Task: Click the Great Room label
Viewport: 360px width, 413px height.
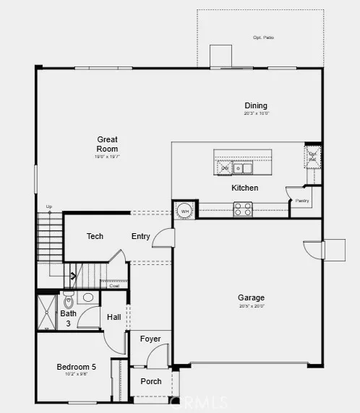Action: point(108,144)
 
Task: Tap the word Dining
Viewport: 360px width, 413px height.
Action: point(256,105)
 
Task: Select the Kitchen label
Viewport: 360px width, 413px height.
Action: point(244,188)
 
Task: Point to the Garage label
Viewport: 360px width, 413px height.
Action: point(251,297)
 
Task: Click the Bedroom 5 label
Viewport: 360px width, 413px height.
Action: point(77,367)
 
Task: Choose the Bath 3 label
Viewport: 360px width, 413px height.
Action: point(68,318)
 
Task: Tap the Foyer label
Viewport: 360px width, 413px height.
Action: point(150,339)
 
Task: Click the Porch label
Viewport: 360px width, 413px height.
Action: point(151,381)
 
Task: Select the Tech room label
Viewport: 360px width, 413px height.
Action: point(95,236)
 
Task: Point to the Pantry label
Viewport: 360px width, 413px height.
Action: point(301,201)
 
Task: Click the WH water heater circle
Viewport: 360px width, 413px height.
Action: point(184,210)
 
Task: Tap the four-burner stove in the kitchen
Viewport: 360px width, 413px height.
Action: point(242,209)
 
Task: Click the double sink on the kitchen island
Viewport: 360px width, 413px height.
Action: point(243,168)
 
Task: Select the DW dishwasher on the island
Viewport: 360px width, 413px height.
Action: point(224,168)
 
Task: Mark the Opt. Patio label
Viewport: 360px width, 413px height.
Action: point(263,38)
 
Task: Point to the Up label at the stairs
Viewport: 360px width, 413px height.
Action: point(49,206)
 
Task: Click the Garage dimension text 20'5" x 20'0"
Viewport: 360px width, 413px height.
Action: point(251,306)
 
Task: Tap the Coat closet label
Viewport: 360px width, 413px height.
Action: point(113,285)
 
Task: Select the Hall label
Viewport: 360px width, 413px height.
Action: point(114,317)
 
